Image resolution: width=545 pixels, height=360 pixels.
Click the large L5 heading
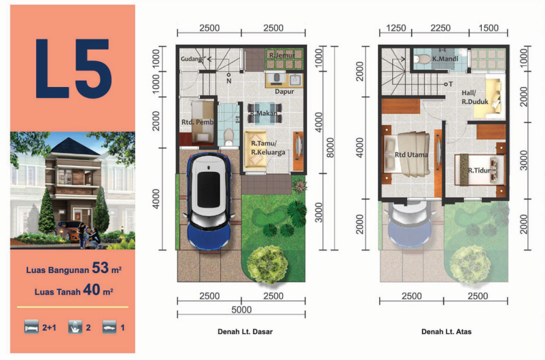click(73, 69)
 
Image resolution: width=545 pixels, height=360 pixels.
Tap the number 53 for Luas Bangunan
click(100, 268)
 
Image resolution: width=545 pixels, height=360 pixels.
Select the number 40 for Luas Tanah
click(92, 289)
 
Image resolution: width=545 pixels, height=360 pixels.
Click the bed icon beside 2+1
click(31, 327)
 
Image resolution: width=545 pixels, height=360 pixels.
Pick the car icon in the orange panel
click(109, 327)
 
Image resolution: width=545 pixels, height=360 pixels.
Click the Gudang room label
click(191, 58)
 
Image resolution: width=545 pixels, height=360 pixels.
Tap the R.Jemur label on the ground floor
click(282, 55)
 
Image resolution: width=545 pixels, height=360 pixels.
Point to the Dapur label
click(284, 92)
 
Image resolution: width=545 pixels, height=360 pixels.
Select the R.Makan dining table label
click(264, 113)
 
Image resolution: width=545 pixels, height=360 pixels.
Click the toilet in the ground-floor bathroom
click(228, 137)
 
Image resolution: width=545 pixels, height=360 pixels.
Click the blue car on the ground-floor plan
click(209, 201)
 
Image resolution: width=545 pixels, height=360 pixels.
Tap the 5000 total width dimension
click(241, 310)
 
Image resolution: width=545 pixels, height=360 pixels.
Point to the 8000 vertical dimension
click(330, 147)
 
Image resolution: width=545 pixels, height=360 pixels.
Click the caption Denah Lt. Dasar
click(245, 331)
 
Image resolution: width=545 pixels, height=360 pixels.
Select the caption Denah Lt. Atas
click(446, 331)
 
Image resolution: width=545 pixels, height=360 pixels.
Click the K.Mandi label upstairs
click(445, 58)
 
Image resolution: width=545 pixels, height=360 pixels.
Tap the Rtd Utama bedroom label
click(411, 155)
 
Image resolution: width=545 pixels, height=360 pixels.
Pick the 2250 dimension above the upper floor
click(440, 28)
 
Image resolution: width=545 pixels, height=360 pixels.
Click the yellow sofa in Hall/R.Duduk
click(488, 98)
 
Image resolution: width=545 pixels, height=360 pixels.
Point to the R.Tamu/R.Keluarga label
click(268, 147)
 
